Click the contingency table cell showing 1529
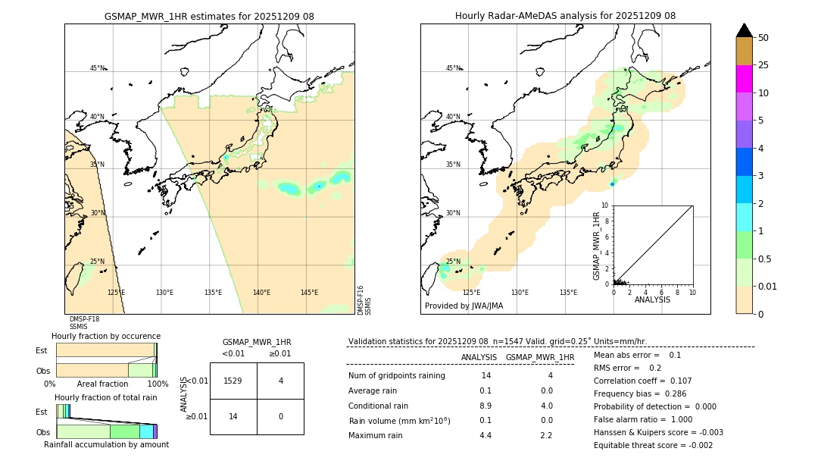pos(233,381)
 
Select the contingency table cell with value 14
pos(233,417)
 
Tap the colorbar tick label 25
pos(763,65)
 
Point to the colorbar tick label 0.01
pos(768,287)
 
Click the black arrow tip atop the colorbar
pos(745,29)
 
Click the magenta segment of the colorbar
pos(745,79)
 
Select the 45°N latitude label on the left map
pos(97,68)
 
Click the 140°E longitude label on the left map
pos(261,293)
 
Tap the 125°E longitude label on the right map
pos(471,293)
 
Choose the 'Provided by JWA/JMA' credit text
pos(464,306)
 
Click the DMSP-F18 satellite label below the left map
pos(84,319)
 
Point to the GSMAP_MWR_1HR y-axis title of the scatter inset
pos(596,246)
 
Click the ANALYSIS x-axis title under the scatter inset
pos(653,299)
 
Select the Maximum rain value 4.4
pos(485,435)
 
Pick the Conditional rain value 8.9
pos(485,406)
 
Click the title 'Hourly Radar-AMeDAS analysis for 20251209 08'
pos(565,16)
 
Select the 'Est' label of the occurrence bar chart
pos(42,350)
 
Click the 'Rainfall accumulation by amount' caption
pos(106,445)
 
